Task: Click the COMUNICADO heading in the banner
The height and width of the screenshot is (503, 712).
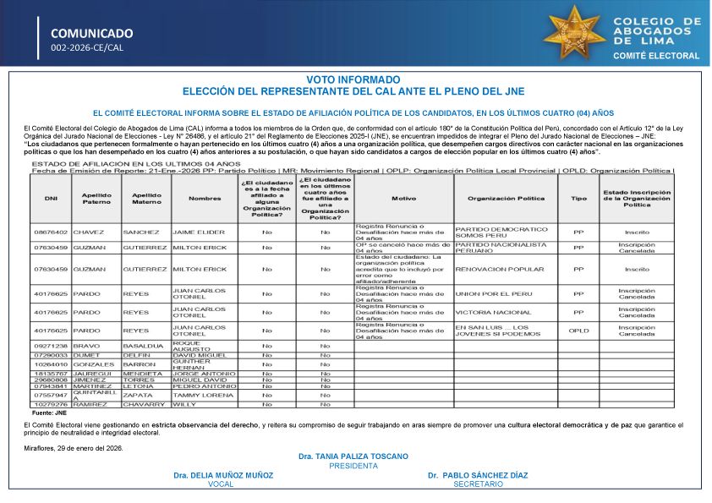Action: (x=91, y=33)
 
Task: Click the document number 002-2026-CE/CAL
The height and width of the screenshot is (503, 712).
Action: (x=87, y=48)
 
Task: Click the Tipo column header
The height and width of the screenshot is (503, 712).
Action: (x=578, y=200)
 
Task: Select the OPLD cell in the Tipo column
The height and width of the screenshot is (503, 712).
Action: (x=578, y=331)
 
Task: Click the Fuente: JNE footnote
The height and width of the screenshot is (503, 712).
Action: (x=48, y=413)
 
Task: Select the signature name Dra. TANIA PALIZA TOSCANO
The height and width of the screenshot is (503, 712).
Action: (x=353, y=457)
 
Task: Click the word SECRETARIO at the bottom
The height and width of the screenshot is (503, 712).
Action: (x=478, y=484)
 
